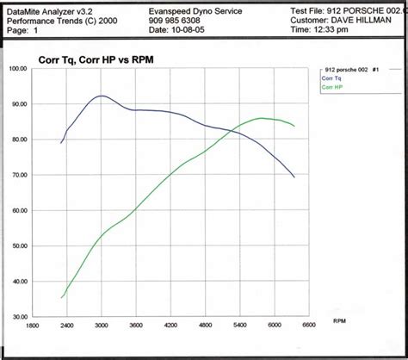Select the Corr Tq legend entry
click(331, 78)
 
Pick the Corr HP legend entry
click(332, 88)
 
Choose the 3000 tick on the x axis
click(102, 325)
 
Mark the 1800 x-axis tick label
click(33, 325)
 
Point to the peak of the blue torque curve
click(102, 96)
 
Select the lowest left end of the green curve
click(62, 297)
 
